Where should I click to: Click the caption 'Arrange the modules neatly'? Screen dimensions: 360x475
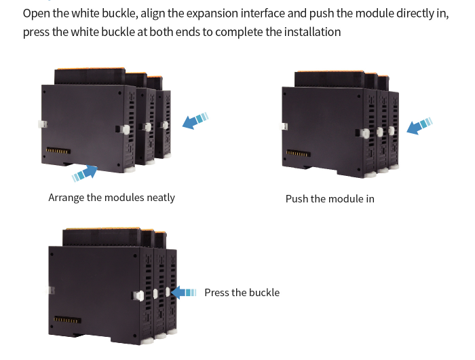click(x=111, y=198)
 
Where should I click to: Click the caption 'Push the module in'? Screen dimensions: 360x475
click(x=330, y=199)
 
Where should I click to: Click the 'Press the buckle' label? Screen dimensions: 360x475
click(x=242, y=293)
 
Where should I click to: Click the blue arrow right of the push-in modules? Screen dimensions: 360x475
click(x=419, y=126)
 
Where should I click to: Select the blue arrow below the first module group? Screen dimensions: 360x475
click(x=85, y=174)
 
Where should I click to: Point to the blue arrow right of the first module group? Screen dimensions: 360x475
click(x=195, y=122)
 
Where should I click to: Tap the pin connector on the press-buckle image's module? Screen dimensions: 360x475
click(x=67, y=319)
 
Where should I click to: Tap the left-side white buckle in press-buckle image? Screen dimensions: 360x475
click(x=50, y=290)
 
